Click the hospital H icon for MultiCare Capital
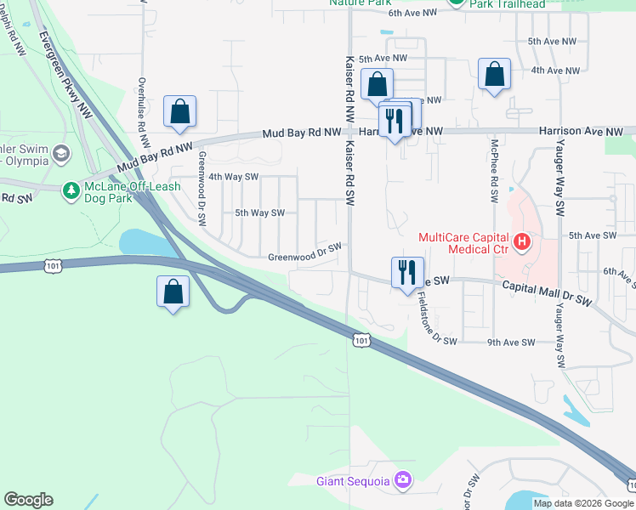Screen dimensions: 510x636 (x=522, y=243)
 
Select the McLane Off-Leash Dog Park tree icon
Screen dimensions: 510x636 (x=72, y=188)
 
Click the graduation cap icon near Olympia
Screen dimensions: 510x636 (x=60, y=154)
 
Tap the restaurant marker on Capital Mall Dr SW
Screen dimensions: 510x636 (x=404, y=272)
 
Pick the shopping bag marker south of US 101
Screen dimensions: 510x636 (x=173, y=291)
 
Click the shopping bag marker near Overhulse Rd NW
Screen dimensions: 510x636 (x=180, y=111)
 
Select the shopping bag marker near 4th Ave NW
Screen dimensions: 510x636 (x=494, y=74)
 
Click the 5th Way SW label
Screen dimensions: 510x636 (x=258, y=213)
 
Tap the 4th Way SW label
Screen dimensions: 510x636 (x=233, y=177)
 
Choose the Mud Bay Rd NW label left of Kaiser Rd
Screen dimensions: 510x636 (x=301, y=133)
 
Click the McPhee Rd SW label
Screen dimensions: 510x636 (x=493, y=171)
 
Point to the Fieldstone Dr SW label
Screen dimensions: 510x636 (x=438, y=320)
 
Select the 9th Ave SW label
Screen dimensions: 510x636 (x=511, y=343)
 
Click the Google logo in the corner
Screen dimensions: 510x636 (x=28, y=500)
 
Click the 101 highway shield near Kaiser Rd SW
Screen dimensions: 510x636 (x=361, y=340)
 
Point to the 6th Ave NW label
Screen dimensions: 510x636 (x=412, y=13)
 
